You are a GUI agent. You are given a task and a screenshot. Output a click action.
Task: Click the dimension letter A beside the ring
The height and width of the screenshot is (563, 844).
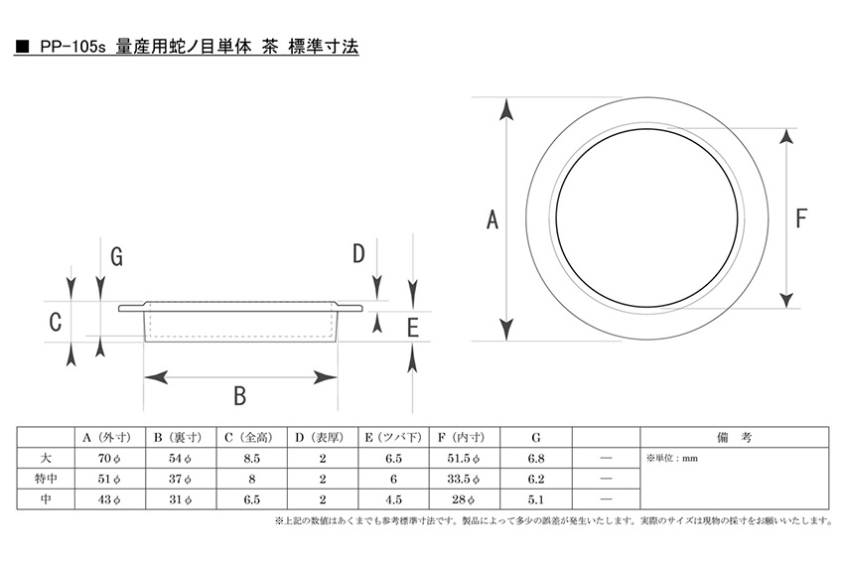click(492, 219)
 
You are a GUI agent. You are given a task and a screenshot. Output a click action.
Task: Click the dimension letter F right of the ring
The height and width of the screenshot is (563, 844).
click(801, 218)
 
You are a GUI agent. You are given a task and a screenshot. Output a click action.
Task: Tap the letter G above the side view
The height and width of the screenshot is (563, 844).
click(117, 256)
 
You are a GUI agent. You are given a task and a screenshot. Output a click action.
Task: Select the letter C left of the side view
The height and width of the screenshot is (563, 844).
click(55, 322)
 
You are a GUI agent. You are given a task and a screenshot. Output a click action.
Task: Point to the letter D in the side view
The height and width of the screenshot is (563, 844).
click(358, 253)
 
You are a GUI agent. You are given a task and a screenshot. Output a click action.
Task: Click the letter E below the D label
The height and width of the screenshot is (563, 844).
click(413, 328)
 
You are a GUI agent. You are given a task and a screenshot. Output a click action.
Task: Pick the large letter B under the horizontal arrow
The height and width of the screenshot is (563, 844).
click(240, 396)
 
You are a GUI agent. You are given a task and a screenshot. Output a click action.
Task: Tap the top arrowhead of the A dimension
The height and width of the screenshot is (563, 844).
click(506, 109)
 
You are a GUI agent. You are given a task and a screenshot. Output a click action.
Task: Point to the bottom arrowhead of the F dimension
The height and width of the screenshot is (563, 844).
click(787, 298)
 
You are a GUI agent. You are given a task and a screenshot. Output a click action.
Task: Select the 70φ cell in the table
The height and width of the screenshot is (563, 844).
click(109, 459)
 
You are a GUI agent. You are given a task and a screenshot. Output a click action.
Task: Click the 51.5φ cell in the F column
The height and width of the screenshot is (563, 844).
click(464, 459)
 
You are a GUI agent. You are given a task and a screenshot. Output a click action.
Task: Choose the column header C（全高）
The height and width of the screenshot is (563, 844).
click(251, 438)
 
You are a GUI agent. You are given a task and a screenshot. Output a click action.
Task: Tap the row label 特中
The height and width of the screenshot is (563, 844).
click(46, 479)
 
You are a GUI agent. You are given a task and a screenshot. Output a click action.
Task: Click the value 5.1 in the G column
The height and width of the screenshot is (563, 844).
click(535, 499)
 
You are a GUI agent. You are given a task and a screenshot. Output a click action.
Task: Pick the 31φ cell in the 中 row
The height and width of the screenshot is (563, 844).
click(181, 499)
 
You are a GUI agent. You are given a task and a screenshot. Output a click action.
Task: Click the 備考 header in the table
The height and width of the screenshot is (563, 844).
click(734, 438)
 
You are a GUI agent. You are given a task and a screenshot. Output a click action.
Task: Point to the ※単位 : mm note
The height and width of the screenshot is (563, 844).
click(672, 459)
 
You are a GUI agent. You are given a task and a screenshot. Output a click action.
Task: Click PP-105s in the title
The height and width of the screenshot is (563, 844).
click(72, 47)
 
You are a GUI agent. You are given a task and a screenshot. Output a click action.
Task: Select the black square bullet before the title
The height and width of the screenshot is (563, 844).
click(22, 47)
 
